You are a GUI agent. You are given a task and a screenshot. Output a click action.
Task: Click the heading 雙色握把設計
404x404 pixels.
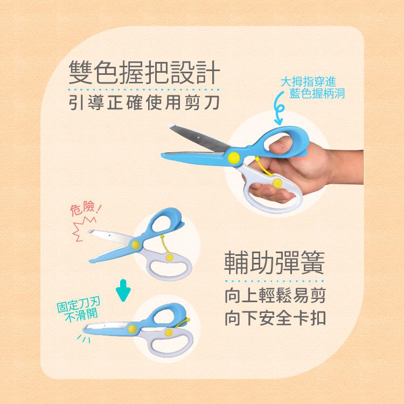click(144, 72)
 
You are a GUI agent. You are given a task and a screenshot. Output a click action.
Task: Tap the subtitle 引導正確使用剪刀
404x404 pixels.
click(144, 102)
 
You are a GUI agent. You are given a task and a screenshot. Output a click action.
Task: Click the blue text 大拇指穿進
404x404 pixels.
click(308, 82)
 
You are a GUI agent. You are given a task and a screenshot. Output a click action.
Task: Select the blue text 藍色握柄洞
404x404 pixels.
click(317, 93)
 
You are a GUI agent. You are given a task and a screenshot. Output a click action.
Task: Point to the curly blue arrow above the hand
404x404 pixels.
click(278, 108)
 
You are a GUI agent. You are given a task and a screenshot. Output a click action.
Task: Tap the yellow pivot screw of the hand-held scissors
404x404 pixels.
click(234, 157)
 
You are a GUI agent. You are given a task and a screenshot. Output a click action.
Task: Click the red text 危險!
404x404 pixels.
click(86, 208)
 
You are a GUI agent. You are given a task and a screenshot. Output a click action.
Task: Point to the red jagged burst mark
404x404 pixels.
click(83, 228)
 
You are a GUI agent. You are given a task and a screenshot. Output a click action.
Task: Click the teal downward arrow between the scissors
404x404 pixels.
click(123, 290)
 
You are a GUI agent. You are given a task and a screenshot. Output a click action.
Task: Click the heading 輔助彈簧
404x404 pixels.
click(274, 263)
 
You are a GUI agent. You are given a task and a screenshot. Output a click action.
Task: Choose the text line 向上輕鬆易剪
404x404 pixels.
click(275, 296)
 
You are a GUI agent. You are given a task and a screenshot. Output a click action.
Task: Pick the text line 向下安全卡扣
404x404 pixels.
click(275, 318)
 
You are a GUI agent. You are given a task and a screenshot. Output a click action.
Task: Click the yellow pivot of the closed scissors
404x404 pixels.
click(132, 329)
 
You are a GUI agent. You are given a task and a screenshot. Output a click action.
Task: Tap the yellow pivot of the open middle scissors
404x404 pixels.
click(136, 245)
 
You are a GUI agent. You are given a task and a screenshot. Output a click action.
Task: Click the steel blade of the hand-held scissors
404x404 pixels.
click(198, 139)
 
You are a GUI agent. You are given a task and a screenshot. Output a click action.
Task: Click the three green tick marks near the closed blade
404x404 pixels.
click(84, 339)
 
